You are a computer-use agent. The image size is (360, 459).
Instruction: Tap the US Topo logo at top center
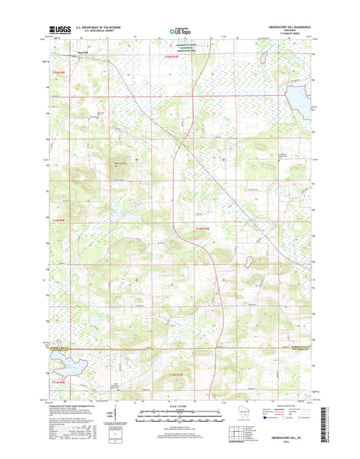(x=180, y=30)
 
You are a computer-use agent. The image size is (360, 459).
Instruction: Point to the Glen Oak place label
(x=101, y=51)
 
